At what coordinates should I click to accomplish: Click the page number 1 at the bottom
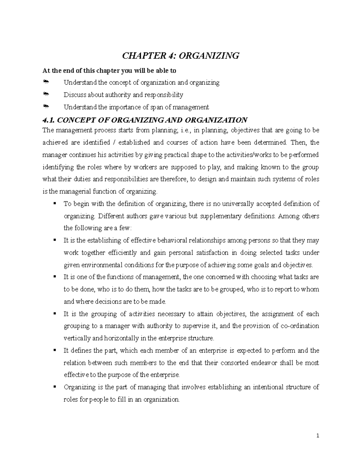[318, 436]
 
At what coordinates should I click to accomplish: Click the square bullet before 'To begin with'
[55, 203]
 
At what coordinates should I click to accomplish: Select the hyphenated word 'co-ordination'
[300, 326]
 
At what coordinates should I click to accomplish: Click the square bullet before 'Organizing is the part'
[55, 387]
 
